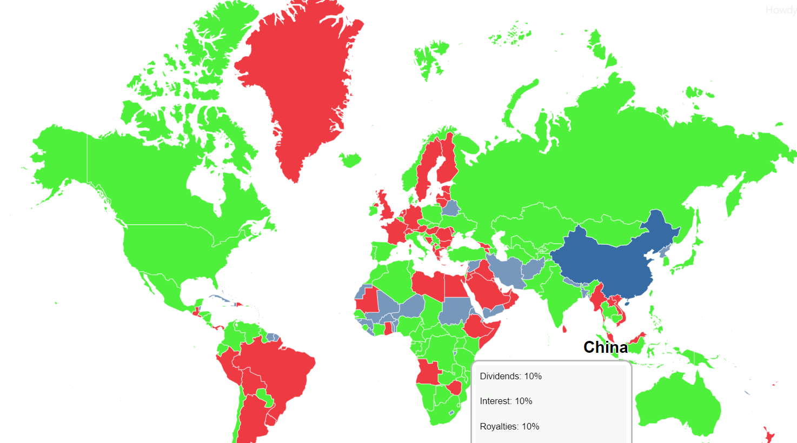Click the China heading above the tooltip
pos(606,347)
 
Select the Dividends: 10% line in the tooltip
pos(510,376)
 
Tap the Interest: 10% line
pos(506,401)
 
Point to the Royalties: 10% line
pos(509,426)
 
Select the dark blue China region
pos(611,259)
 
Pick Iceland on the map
pos(350,160)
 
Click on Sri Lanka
pos(564,328)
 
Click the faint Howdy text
pos(781,10)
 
